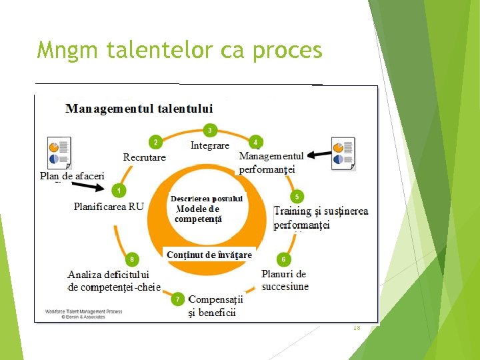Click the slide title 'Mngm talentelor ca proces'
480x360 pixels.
pyautogui.click(x=179, y=50)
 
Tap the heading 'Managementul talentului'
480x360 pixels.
pyautogui.click(x=139, y=109)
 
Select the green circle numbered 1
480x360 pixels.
pyautogui.click(x=119, y=191)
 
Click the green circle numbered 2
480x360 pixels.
pyautogui.click(x=155, y=142)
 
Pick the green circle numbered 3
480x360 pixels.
pyautogui.click(x=210, y=131)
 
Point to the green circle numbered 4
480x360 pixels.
pyautogui.click(x=255, y=142)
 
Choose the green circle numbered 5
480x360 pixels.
pyautogui.click(x=297, y=197)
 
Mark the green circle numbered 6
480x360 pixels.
pyautogui.click(x=284, y=259)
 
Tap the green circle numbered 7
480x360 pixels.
pyautogui.click(x=178, y=299)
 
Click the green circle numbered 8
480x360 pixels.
pyautogui.click(x=132, y=259)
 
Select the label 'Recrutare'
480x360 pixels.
pyautogui.click(x=145, y=157)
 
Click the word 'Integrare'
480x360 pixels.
pyautogui.click(x=210, y=145)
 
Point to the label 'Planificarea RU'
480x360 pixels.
pyautogui.click(x=109, y=207)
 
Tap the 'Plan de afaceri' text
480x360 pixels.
pyautogui.click(x=72, y=176)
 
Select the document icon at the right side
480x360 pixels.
pyautogui.click(x=343, y=154)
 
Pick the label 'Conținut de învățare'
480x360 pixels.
pyautogui.click(x=209, y=255)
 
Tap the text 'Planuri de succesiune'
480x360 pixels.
pyautogui.click(x=285, y=280)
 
